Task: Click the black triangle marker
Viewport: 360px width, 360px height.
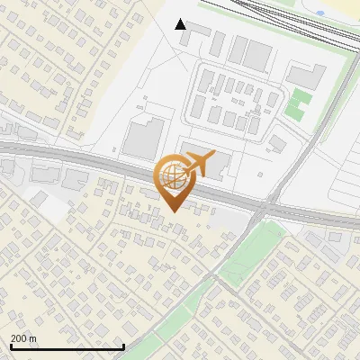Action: coord(181,23)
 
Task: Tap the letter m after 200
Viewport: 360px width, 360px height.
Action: coord(33,338)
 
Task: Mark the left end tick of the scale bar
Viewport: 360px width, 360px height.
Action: coord(11,346)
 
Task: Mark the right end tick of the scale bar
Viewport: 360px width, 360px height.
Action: coord(123,346)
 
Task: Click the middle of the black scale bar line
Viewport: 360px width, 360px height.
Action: coord(67,346)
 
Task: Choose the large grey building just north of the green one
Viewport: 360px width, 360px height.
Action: coord(306,76)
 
